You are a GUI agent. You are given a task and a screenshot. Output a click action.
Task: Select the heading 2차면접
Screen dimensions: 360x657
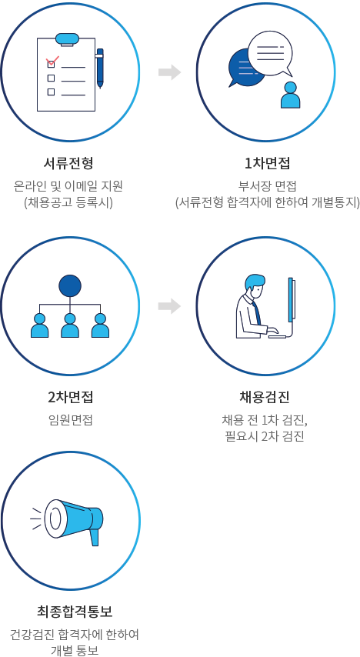tap(71, 397)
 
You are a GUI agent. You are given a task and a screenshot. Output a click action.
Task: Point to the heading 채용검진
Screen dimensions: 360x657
tap(265, 397)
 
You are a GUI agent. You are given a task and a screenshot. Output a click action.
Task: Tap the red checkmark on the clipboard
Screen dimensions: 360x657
tap(52, 62)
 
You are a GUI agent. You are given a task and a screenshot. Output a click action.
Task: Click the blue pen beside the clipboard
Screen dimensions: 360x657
tap(100, 68)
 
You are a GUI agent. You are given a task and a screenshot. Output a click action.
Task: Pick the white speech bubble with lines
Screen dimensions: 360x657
tap(270, 54)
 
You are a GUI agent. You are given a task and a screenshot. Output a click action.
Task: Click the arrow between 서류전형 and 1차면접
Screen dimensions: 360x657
tap(169, 72)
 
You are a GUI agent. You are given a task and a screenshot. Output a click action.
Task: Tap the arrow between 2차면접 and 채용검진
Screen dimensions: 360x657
tap(169, 306)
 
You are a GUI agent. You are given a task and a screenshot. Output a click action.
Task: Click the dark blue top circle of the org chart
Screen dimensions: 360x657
tap(70, 286)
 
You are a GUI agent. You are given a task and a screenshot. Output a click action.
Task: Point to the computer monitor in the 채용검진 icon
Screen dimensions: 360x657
tap(292, 298)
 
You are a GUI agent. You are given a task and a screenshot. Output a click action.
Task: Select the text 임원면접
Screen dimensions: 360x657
tap(71, 419)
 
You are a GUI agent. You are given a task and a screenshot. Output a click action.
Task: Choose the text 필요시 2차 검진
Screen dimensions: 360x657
tap(265, 436)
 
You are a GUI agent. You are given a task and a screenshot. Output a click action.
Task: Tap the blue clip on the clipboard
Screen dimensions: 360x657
tap(67, 39)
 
